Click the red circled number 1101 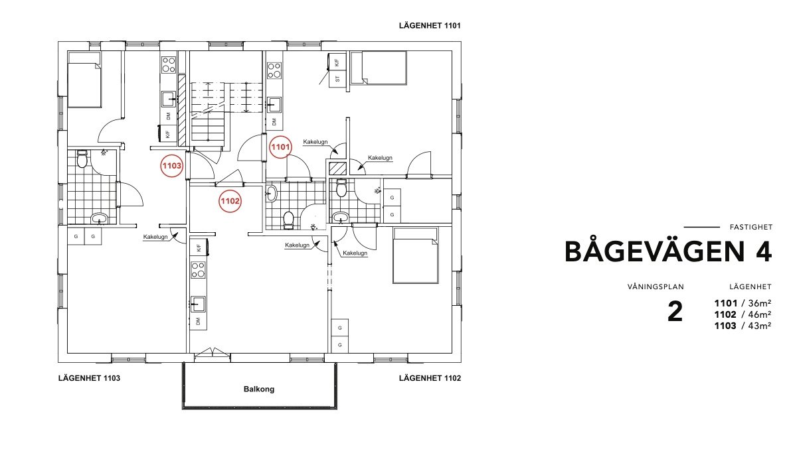click(x=280, y=147)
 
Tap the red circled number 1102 click(x=230, y=202)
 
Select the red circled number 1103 click(x=171, y=166)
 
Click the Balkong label click(x=259, y=389)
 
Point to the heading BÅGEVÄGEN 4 click(x=668, y=252)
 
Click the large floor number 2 click(x=675, y=312)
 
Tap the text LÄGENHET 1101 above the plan click(x=430, y=26)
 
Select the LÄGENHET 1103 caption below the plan click(x=89, y=378)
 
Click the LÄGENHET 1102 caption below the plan click(x=430, y=378)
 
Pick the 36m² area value click(x=760, y=303)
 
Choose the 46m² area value click(x=760, y=315)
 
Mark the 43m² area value click(x=760, y=326)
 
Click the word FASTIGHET click(x=750, y=228)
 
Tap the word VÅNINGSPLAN click(x=656, y=287)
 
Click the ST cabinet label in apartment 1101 click(x=337, y=79)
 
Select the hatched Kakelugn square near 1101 click(x=337, y=168)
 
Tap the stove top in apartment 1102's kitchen click(x=198, y=269)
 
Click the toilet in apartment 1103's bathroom click(x=82, y=160)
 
